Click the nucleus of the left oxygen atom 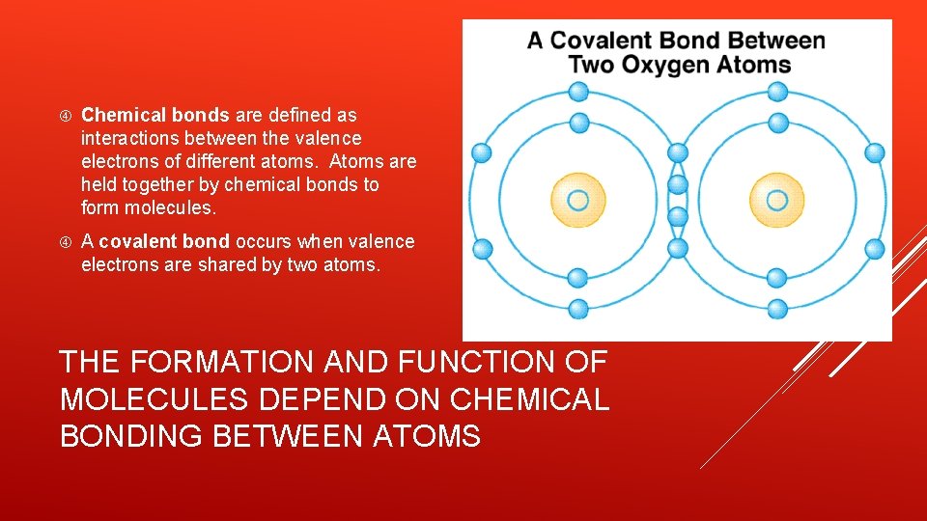(577, 200)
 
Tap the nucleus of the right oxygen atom (777, 200)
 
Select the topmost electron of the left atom (577, 92)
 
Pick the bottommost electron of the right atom (777, 309)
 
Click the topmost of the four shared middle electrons (678, 152)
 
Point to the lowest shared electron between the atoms (678, 248)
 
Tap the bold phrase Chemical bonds (155, 116)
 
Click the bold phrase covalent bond (164, 241)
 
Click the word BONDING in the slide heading (131, 436)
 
